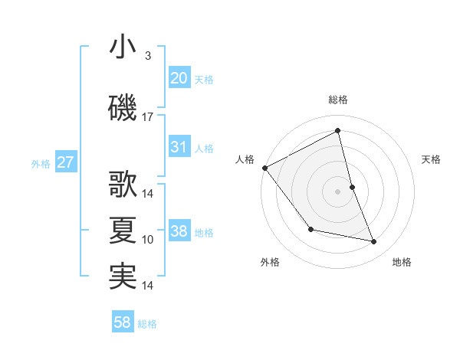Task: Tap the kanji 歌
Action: pos(123,185)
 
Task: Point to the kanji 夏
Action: pos(123,231)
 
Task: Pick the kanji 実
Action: pos(123,277)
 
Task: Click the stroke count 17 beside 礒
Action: pos(148,117)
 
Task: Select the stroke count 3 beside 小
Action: pos(148,56)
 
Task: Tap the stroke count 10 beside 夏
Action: pos(148,240)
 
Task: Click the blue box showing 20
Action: pos(179,78)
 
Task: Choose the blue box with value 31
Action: pos(179,147)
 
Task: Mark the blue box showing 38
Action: pos(179,231)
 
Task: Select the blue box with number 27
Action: pos(65,162)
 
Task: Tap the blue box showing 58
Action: pos(123,323)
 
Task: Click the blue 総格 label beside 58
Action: pos(147,324)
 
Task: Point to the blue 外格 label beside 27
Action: pos(41,163)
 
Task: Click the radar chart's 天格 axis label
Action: pos(432,159)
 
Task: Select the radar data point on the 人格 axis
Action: pos(264,168)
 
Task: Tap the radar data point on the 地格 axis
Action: pos(374,241)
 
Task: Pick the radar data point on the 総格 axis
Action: pos(337,130)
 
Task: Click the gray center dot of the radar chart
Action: pos(337,191)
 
